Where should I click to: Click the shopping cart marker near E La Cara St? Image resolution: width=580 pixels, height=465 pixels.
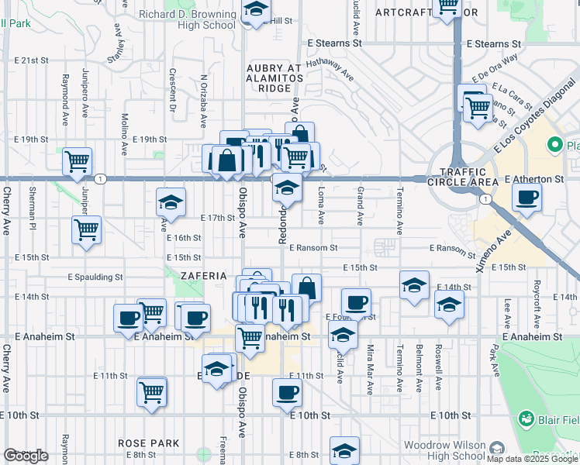[x=478, y=108]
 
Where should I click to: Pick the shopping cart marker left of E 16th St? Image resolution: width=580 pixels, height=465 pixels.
[x=87, y=229]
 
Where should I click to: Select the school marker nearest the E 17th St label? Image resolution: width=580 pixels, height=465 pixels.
[x=171, y=203]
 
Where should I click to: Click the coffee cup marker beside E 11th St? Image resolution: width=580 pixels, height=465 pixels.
[x=287, y=392]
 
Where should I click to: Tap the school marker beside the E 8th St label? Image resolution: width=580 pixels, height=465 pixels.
[x=344, y=450]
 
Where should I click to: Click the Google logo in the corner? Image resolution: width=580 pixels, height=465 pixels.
[x=26, y=456]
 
